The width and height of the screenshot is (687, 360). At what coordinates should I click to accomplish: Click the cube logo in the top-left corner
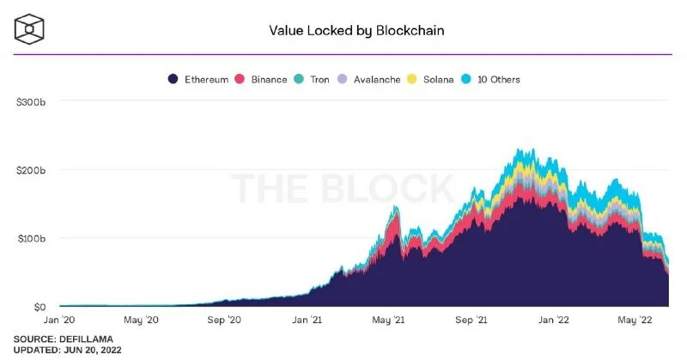tap(30, 28)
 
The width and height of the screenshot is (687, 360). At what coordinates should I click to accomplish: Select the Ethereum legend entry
tap(199, 79)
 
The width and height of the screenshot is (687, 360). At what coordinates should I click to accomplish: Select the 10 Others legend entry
tap(489, 79)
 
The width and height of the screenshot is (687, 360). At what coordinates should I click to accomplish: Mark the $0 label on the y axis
tap(39, 306)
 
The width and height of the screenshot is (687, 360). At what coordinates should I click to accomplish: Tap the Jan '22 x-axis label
tap(553, 320)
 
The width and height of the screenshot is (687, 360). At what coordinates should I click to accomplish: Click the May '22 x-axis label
tap(635, 320)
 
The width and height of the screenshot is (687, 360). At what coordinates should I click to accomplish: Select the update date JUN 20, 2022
tap(90, 351)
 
